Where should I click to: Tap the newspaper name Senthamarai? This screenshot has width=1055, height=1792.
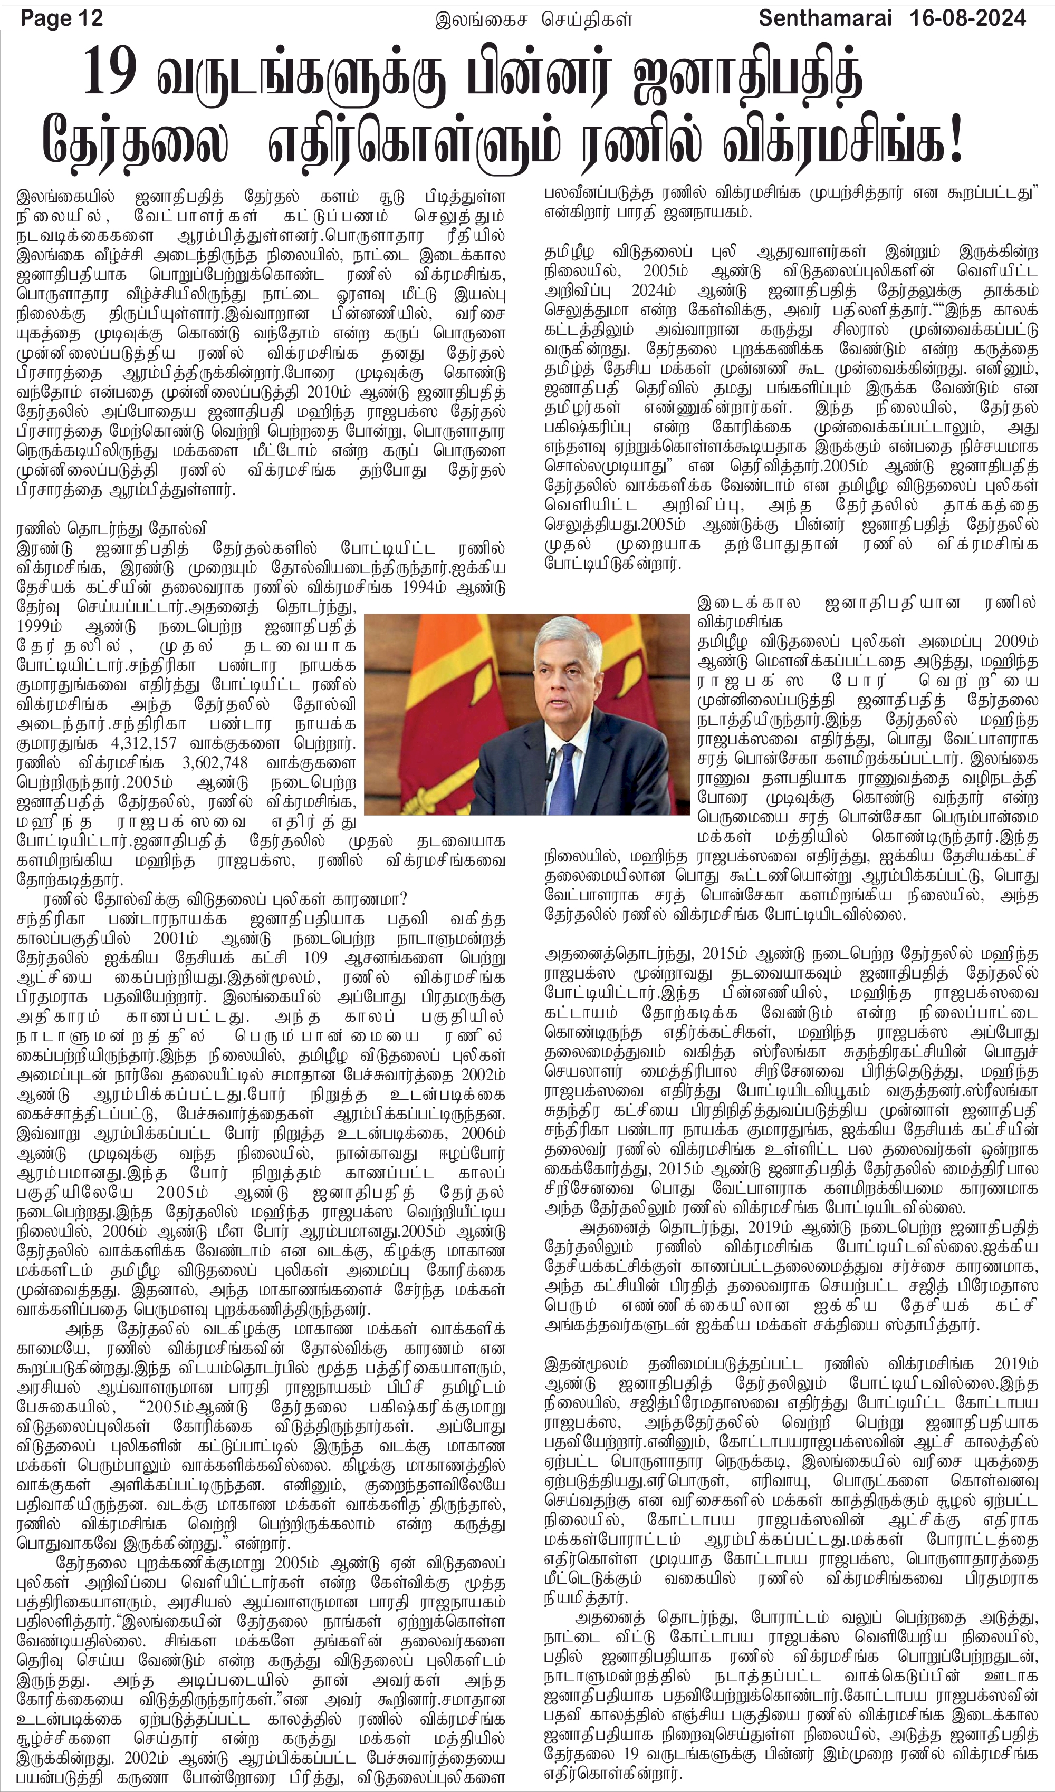[x=824, y=17]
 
